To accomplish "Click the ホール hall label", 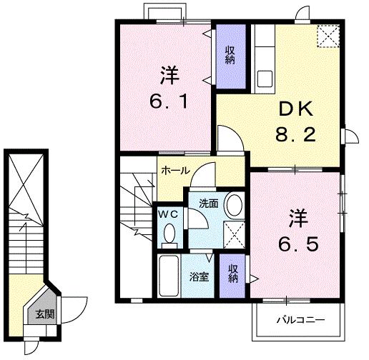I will coord(174,171).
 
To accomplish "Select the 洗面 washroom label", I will coord(208,203).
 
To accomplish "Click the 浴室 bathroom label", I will coord(199,276).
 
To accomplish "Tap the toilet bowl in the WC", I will coord(169,233).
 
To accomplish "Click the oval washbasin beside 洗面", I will coord(233,206).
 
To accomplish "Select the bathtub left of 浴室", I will coord(169,274).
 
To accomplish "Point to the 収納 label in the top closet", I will coord(230,55).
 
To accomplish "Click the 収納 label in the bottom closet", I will coord(233,272).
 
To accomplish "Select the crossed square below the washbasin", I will coord(233,233).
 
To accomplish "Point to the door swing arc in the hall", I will coord(207,172).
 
